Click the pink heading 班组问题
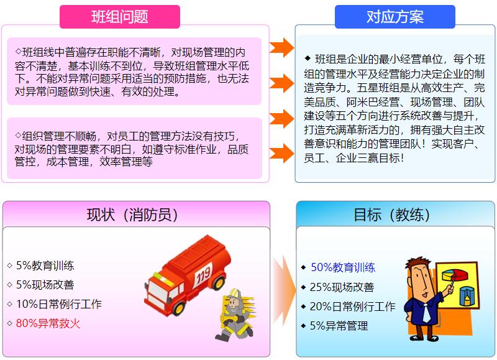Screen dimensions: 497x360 coord(120,17)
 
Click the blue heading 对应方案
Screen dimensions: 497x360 coord(395,17)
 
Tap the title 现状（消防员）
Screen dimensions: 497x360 coord(132,215)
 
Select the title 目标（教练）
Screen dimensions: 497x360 coord(392,215)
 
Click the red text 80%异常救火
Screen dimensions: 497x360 coord(48,323)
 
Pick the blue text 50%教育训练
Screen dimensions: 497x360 coord(343,267)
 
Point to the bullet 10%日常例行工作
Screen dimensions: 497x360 coord(59,304)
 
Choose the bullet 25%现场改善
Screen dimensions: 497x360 coord(342,287)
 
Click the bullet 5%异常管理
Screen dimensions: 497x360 coord(339,326)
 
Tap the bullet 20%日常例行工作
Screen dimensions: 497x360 coord(352,307)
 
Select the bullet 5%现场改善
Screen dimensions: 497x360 coord(45,285)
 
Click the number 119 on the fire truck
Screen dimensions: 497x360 coord(203,275)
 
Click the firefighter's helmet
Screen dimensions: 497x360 coord(235,293)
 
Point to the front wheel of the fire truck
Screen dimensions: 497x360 coord(178,307)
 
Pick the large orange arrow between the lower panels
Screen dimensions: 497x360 coord(284,290)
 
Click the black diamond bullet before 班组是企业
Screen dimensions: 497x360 coord(308,58)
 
